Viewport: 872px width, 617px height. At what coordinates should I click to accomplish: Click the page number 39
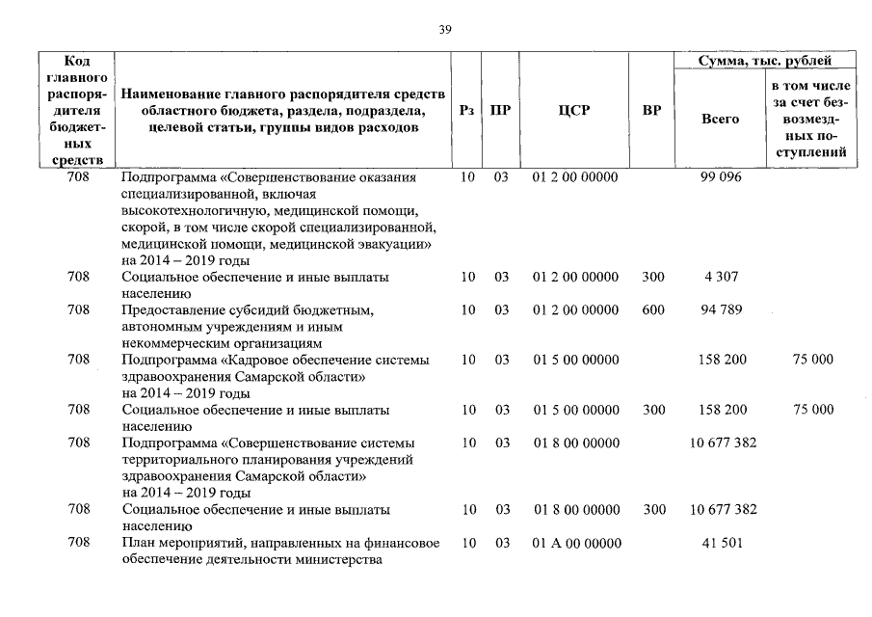point(445,30)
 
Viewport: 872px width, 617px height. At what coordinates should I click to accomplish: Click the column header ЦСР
point(574,110)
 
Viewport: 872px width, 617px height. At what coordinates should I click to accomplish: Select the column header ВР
point(652,110)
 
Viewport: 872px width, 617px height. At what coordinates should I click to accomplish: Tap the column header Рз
point(467,110)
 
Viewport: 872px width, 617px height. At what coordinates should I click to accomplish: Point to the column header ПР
point(500,110)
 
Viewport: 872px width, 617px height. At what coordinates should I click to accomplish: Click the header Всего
point(720,119)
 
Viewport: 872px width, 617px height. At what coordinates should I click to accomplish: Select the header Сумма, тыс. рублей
point(765,61)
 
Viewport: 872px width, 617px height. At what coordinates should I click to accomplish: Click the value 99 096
point(721,177)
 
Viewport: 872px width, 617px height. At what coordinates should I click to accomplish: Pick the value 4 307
point(721,277)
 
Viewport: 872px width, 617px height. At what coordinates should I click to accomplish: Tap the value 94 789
point(721,310)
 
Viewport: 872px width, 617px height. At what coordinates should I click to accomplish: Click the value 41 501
point(721,544)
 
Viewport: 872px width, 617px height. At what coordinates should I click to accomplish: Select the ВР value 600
point(652,310)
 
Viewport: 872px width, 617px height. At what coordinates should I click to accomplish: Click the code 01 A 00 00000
point(576,544)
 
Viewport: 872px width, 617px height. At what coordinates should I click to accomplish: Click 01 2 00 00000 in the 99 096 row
point(576,177)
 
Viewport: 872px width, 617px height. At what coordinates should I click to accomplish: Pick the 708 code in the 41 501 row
point(80,544)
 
